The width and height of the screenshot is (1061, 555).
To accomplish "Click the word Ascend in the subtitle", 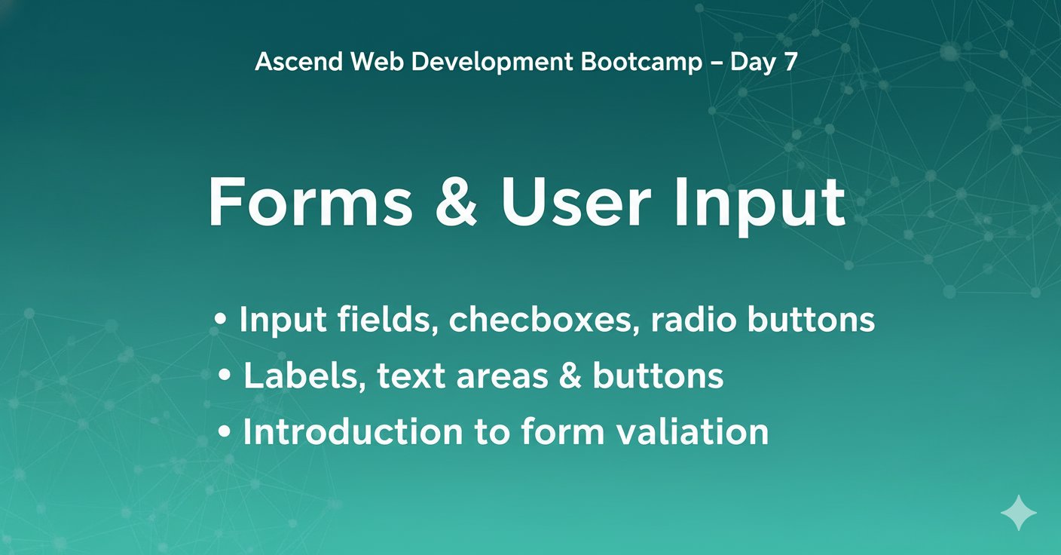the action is (299, 62).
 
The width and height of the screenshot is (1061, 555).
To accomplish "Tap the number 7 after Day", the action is (790, 62).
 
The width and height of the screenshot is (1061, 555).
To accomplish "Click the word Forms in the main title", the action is (310, 202).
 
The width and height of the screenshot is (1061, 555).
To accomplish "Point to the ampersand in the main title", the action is (456, 202).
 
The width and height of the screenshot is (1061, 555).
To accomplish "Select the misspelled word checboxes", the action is (541, 320).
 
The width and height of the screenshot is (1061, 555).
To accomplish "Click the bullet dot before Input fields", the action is (221, 319).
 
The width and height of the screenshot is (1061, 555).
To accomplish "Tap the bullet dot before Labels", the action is (225, 376).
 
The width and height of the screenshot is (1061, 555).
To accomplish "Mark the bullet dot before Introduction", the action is (225, 432).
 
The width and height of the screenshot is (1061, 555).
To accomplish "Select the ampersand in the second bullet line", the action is (570, 376).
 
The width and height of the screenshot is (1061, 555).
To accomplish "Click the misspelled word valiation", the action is (692, 432).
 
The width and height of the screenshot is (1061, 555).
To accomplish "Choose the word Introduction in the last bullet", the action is (353, 432).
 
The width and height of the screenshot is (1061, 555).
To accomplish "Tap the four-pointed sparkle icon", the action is (1018, 513).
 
